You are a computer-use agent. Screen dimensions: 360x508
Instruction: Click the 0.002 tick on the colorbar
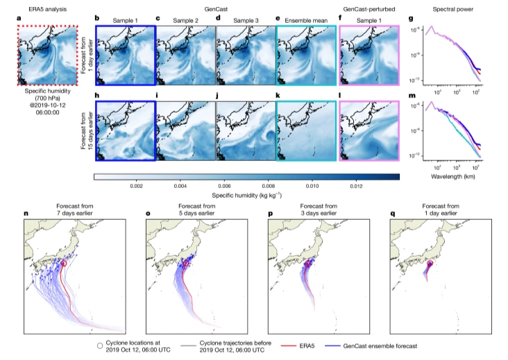136,186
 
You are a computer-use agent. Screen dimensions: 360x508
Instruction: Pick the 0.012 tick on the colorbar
355,186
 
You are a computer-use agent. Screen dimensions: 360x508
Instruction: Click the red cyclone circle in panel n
64,264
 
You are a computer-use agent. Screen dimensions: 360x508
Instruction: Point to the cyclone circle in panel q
430,264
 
